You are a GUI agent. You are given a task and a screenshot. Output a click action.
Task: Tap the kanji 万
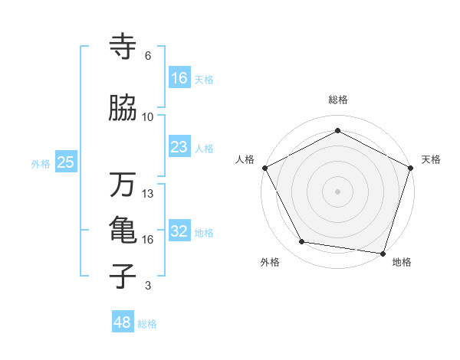[123, 185]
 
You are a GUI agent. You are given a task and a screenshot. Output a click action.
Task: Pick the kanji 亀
[123, 231]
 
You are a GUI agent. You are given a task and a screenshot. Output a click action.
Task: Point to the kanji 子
[123, 277]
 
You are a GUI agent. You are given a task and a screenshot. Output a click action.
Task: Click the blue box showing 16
[179, 77]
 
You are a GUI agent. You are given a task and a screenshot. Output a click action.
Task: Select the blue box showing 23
[179, 147]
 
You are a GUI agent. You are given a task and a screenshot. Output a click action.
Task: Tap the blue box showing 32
[179, 231]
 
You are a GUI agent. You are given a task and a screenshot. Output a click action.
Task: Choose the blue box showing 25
[66, 162]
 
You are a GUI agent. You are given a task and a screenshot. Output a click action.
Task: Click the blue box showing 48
[123, 322]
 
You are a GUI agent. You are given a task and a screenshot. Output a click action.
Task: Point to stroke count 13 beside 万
[148, 194]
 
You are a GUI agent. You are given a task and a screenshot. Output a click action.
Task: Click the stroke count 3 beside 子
[148, 286]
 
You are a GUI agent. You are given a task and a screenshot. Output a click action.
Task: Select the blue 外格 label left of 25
[41, 163]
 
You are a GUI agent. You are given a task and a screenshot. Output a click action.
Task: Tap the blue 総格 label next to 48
[147, 324]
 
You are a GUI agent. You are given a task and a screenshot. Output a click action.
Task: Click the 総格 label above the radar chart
[337, 100]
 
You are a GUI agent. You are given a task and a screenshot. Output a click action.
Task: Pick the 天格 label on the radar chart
[431, 159]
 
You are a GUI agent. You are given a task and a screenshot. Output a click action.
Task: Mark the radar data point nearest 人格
[265, 168]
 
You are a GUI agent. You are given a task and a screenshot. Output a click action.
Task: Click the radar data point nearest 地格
[383, 253]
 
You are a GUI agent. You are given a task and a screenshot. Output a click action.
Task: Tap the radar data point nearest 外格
[302, 242]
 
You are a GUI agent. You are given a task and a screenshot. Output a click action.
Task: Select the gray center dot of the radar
[337, 191]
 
